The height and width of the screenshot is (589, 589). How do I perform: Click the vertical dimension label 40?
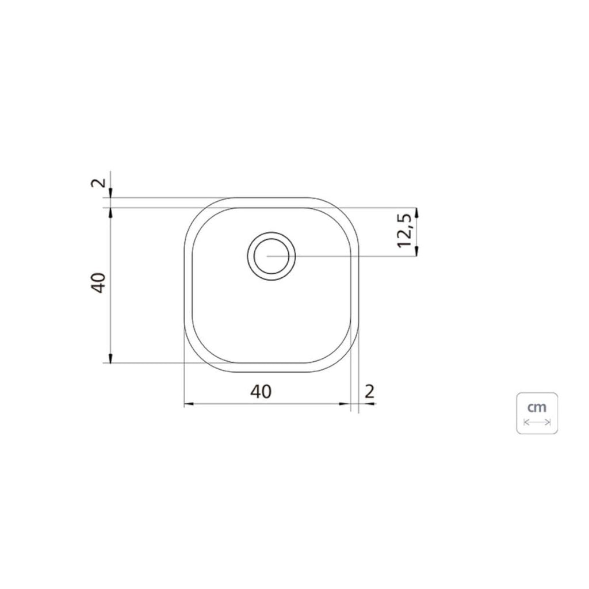click(98, 282)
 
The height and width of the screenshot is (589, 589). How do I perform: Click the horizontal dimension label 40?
click(261, 392)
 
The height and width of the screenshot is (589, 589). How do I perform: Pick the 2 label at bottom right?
click(370, 392)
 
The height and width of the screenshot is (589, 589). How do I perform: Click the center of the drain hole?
click(271, 256)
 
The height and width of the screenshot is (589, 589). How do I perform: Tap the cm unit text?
click(537, 407)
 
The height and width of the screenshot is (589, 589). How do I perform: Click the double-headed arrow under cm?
click(537, 422)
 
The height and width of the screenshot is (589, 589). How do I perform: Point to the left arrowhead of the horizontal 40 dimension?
click(189, 404)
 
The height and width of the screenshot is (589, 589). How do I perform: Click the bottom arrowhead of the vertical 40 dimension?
click(110, 358)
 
